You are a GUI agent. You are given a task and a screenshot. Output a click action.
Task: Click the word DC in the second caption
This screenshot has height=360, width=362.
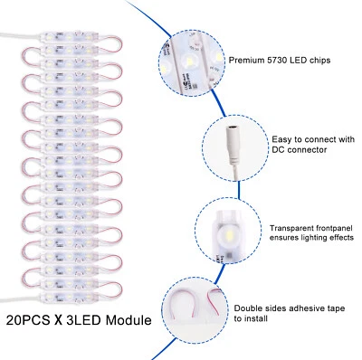pyautogui.click(x=278, y=150)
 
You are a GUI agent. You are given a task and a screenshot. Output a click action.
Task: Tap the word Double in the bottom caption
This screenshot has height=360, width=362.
pyautogui.click(x=247, y=308)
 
